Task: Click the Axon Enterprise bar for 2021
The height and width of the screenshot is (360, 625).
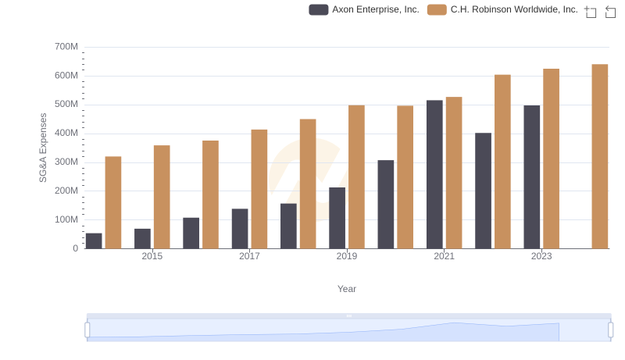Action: click(x=434, y=174)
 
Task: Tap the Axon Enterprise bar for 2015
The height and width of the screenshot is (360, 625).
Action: click(x=142, y=238)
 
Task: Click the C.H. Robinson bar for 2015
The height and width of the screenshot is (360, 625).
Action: click(x=162, y=197)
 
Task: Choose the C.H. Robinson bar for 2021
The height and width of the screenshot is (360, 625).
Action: click(x=454, y=173)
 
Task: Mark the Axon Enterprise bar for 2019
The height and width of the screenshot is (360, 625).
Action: click(x=337, y=218)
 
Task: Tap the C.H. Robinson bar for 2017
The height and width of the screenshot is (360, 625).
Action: click(x=259, y=189)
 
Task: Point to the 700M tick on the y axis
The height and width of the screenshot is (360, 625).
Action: click(x=66, y=47)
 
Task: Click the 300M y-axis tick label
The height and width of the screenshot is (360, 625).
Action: click(x=66, y=162)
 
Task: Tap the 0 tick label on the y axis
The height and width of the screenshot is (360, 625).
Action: click(x=75, y=248)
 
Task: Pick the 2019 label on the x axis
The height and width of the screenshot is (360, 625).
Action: click(x=347, y=256)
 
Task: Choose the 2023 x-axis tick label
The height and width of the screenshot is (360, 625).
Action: click(x=541, y=256)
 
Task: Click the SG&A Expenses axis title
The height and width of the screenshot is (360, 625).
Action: click(x=44, y=148)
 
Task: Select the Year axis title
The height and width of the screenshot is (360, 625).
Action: click(x=347, y=289)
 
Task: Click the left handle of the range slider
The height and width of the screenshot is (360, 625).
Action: click(x=87, y=330)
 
